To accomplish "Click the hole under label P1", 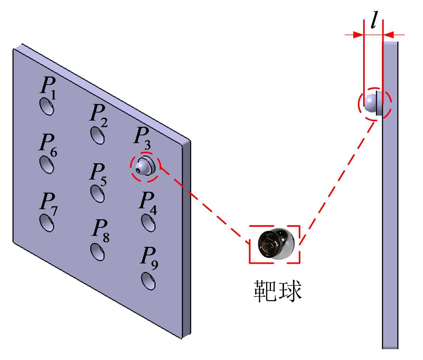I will pyautogui.click(x=47, y=106).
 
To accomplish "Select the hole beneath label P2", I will pyautogui.click(x=97, y=135).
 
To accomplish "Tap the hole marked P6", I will pyautogui.click(x=47, y=165).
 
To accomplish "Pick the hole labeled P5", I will pyautogui.click(x=97, y=193).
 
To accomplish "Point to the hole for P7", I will pyautogui.click(x=47, y=223).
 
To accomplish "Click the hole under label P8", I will pyautogui.click(x=97, y=252).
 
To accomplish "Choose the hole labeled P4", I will pyautogui.click(x=148, y=223).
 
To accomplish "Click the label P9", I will pyautogui.click(x=149, y=258).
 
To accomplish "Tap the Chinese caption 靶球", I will pyautogui.click(x=278, y=291).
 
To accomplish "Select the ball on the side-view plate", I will pyautogui.click(x=370, y=103).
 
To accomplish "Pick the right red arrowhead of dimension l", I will pyautogui.click(x=388, y=35).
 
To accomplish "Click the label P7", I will pyautogui.click(x=49, y=204).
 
